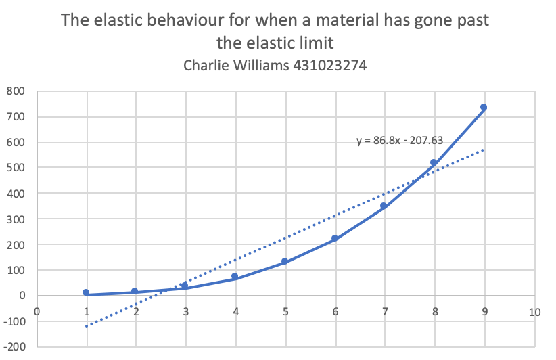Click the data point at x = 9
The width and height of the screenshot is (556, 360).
484,108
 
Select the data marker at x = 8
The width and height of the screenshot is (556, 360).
434,163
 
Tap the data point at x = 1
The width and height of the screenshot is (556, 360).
86,292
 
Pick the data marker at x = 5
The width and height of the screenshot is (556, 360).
285,261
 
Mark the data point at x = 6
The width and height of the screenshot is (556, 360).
334,239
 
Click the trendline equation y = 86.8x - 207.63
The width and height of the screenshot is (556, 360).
399,141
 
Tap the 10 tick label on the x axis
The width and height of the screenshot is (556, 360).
534,312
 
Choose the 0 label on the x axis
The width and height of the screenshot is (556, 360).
37,312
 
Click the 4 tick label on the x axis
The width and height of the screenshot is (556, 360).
235,312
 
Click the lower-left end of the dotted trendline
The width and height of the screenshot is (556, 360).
87,325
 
